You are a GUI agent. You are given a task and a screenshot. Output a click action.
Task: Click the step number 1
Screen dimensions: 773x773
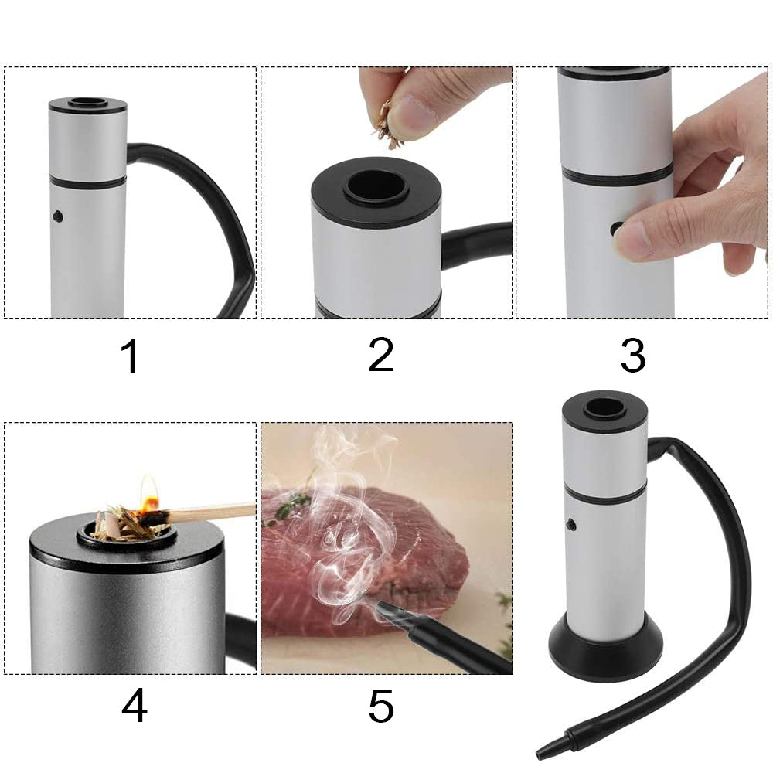[x=130, y=356]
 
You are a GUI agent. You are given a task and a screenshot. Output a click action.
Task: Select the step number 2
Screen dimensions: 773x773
[x=380, y=355]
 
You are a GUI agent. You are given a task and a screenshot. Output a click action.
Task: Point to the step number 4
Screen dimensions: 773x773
[x=134, y=706]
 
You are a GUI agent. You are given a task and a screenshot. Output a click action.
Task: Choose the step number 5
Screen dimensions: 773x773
[x=380, y=706]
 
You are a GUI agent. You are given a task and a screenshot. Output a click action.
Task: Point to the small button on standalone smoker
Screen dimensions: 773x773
[x=570, y=525]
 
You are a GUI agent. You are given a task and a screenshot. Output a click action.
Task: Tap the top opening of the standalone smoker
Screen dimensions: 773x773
[x=604, y=407]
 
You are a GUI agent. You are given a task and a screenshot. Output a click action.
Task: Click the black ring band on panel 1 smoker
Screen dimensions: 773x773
[x=87, y=182]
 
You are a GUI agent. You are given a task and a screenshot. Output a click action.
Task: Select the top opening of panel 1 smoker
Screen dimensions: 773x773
[x=87, y=102]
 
